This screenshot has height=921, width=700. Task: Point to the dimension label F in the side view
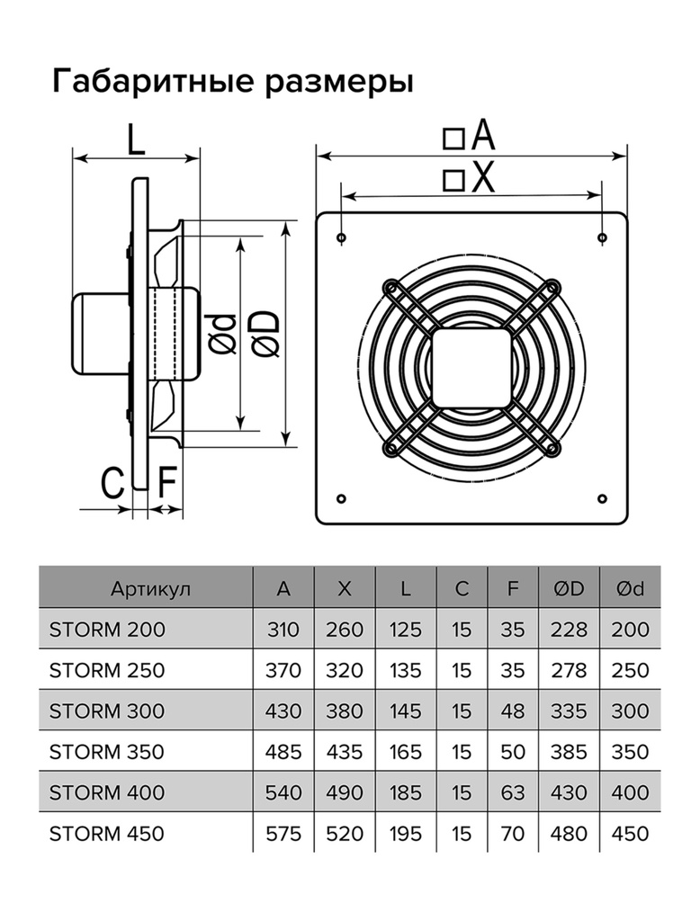point(167,483)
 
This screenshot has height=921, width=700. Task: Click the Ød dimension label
point(226,334)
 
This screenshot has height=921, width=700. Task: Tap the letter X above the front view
point(483,178)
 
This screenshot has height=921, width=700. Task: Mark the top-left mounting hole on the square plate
point(342,237)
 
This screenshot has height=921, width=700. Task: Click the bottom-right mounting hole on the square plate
point(601,498)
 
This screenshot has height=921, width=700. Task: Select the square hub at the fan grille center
point(471,368)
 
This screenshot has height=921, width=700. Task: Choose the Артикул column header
point(151,589)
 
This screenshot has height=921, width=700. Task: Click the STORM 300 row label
point(107,711)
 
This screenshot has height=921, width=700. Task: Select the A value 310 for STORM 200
point(284,630)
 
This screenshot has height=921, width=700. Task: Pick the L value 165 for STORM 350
point(405,752)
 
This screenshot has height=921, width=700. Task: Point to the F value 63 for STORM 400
point(513,792)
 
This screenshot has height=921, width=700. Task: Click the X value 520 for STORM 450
point(344,834)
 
